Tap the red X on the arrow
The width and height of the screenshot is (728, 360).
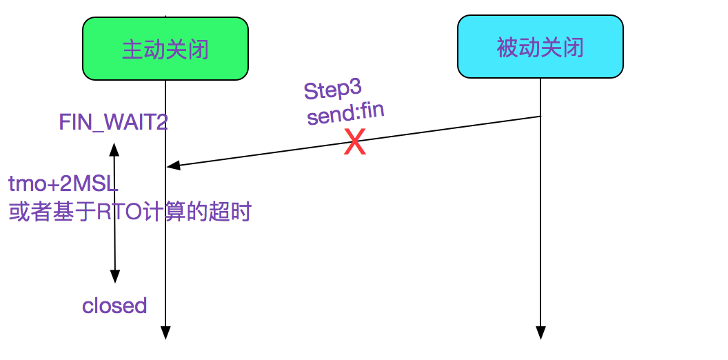354,143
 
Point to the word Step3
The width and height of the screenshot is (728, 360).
332,91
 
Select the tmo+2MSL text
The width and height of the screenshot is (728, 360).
63,184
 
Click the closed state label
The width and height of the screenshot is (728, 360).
114,306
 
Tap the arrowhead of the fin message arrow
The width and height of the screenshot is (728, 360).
173,166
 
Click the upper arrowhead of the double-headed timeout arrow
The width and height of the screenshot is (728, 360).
114,148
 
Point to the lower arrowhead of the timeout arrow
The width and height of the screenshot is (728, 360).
114,277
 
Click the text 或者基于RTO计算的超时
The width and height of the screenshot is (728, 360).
130,212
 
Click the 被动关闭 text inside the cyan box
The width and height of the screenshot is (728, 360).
540,48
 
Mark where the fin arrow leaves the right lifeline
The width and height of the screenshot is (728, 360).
540,117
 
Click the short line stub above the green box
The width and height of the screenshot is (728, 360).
165,15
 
